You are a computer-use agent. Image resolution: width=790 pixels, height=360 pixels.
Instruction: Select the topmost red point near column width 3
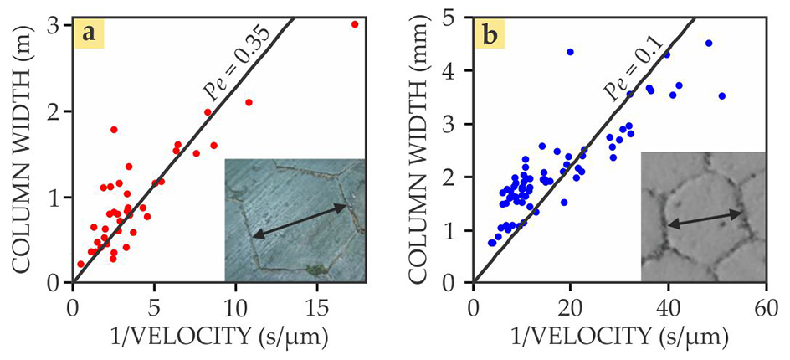[x=355, y=24]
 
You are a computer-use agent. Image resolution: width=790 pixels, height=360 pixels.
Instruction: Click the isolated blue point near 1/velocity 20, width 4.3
[x=571, y=52]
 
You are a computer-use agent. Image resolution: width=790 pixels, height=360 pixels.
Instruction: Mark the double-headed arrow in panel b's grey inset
[x=705, y=219]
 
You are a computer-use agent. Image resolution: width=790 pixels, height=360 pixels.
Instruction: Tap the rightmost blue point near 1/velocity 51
[x=722, y=96]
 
